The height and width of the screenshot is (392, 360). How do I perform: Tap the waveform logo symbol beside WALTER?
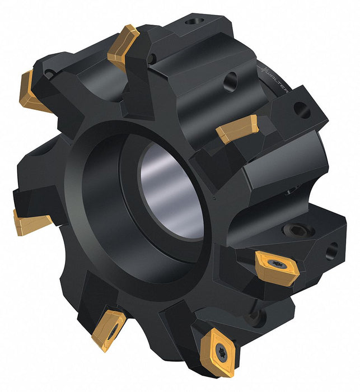(x=263, y=69)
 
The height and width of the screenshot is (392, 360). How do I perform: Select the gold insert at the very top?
(x=123, y=47)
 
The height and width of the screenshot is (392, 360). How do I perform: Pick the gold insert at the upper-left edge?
(x=32, y=92)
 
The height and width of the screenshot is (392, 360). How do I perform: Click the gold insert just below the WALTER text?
(x=237, y=128)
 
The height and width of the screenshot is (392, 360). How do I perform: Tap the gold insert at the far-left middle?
(x=30, y=222)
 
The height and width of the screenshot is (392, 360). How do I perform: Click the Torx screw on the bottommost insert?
(x=221, y=351)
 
